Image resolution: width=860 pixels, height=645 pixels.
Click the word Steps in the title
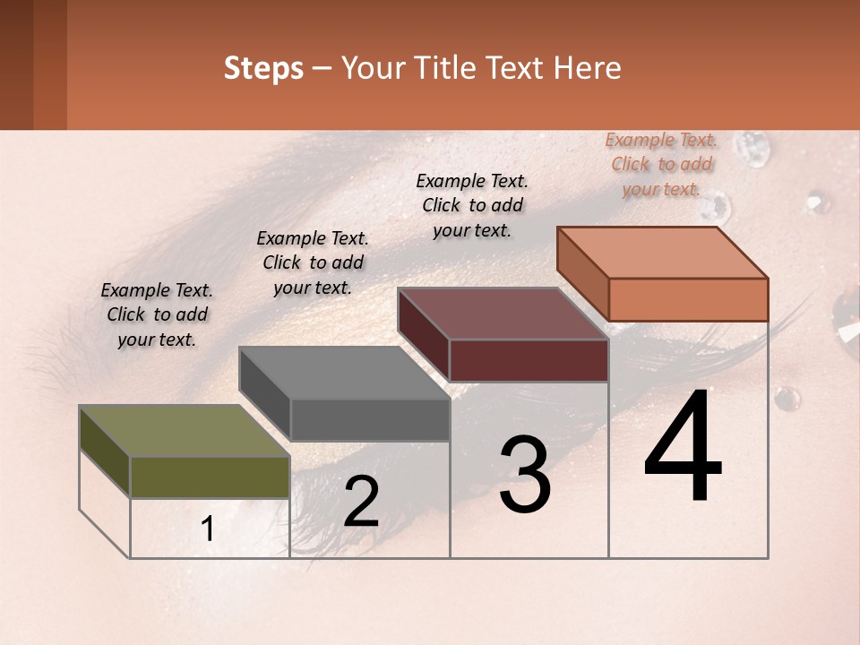262,68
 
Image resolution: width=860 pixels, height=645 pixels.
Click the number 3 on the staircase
525,475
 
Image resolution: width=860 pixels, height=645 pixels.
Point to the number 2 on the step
361,502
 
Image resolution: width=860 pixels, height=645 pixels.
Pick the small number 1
208,529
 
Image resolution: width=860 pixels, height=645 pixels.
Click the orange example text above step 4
661,164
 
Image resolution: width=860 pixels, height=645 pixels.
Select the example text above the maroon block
472,205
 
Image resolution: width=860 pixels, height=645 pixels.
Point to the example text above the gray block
313,262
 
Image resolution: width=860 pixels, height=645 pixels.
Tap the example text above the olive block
157,314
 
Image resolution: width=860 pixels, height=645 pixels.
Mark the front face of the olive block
210,477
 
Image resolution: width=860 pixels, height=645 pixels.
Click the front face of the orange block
688,299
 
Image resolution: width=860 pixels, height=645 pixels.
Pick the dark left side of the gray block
264,394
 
